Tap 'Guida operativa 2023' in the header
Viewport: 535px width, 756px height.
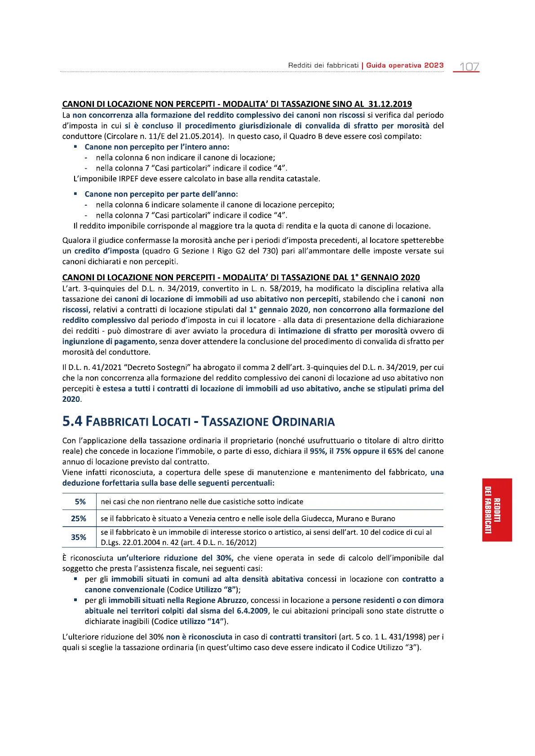(405, 66)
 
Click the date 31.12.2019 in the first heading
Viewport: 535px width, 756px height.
(390, 104)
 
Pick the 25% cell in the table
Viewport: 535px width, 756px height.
(79, 519)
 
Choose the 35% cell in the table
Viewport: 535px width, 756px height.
(79, 537)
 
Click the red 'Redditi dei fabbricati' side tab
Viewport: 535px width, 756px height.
(497, 510)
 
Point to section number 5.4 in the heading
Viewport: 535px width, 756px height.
(72, 422)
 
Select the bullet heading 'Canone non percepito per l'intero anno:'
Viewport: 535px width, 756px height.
(157, 147)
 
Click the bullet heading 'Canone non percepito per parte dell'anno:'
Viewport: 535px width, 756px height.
(161, 194)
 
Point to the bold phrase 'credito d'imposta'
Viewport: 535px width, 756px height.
(107, 251)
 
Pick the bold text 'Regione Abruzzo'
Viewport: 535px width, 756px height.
(217, 600)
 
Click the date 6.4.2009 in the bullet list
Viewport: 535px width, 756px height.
(252, 611)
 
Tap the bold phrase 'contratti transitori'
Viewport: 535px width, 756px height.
(303, 637)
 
